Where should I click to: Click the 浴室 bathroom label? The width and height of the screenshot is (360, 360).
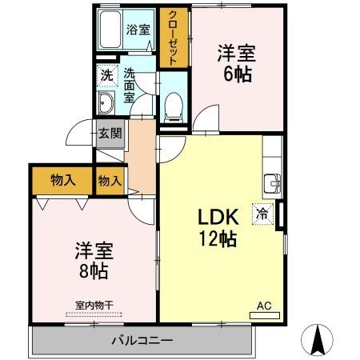pyautogui.click(x=138, y=30)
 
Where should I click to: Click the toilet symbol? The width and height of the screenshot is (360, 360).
pyautogui.click(x=173, y=106)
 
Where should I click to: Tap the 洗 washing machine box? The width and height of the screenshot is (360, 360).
pyautogui.click(x=106, y=76)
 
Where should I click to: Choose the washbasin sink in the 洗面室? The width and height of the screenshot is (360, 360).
pyautogui.click(x=106, y=103)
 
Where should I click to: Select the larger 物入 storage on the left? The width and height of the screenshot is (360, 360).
pyautogui.click(x=62, y=180)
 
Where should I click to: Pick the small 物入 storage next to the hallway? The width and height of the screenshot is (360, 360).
pyautogui.click(x=110, y=181)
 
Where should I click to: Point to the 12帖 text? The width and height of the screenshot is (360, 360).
pyautogui.click(x=217, y=238)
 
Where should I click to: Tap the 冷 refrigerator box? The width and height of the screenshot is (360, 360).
pyautogui.click(x=262, y=214)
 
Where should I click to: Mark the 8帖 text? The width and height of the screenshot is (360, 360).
pyautogui.click(x=93, y=270)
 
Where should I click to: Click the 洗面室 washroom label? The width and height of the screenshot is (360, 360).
pyautogui.click(x=130, y=85)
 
